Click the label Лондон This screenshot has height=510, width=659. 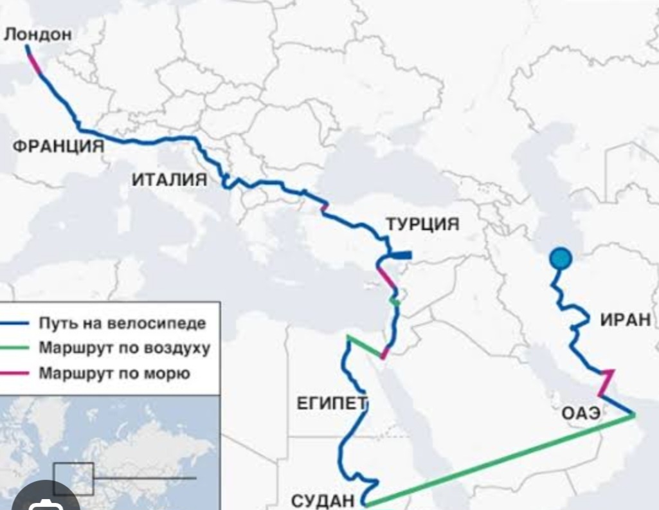click(37, 34)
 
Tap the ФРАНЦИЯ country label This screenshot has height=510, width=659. click(59, 146)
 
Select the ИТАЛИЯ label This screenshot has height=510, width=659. click(170, 179)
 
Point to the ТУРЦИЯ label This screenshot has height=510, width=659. click(422, 224)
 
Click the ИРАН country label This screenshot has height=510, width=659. click(625, 319)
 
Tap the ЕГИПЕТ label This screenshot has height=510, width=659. click(331, 404)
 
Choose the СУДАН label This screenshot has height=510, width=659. click(323, 500)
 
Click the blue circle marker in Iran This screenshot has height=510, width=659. click(561, 259)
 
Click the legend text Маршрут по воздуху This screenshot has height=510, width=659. click(124, 348)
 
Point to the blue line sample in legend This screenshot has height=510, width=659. click(15, 323)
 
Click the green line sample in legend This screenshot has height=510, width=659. click(15, 349)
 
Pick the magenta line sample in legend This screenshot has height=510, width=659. click(15, 373)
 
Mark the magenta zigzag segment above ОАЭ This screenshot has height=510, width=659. click(606, 381)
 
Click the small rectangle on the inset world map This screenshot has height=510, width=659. click(73, 478)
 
